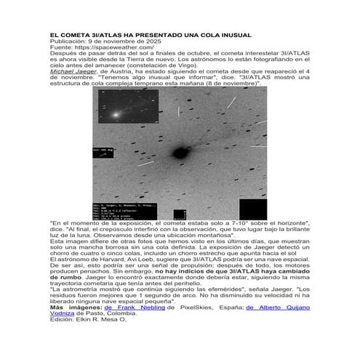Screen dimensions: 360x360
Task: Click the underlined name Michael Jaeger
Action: [71, 72]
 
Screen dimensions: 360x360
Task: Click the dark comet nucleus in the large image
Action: [177, 152]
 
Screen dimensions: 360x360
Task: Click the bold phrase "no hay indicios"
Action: [192, 271]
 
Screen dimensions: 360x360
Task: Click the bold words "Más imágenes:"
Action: [75, 308]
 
